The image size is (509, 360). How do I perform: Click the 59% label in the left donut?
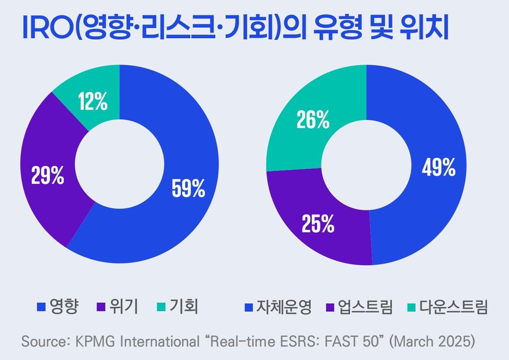coord(188,188)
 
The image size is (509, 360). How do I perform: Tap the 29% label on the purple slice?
coord(48,175)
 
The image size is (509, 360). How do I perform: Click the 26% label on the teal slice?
coord(313,120)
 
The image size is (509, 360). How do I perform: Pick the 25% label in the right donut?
coord(318,224)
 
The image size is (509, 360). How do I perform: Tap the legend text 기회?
coord(183,307)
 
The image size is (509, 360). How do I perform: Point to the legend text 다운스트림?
coord(454,307)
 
